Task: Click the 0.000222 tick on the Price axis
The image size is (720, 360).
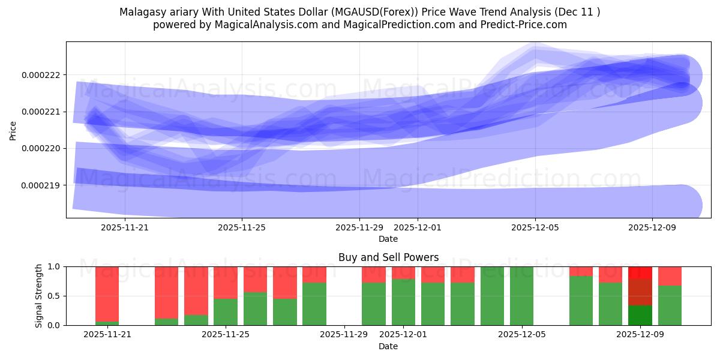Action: [x=40, y=75]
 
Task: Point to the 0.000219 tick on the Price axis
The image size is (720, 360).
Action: [x=40, y=185]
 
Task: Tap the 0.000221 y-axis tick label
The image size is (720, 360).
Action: [x=40, y=112]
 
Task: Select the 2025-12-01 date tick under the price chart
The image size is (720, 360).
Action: [x=418, y=227]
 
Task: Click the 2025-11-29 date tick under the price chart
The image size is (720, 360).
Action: [x=359, y=227]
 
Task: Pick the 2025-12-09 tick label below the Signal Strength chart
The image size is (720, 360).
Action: [x=640, y=335]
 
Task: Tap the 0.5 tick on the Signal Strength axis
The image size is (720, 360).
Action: [x=54, y=296]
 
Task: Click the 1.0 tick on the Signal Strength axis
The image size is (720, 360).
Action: [x=54, y=266]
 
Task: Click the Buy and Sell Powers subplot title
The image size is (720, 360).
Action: [x=388, y=257]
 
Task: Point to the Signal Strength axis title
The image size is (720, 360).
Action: [x=39, y=296]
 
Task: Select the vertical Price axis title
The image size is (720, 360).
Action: [x=13, y=130]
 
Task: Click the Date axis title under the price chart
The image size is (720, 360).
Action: [x=388, y=239]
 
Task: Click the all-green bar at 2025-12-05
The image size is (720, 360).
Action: [x=521, y=296]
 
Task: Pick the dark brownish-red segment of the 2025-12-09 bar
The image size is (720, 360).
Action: [x=640, y=292]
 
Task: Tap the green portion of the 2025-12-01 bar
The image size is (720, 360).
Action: [x=403, y=302]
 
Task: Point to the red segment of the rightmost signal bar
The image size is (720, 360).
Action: [x=670, y=276]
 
